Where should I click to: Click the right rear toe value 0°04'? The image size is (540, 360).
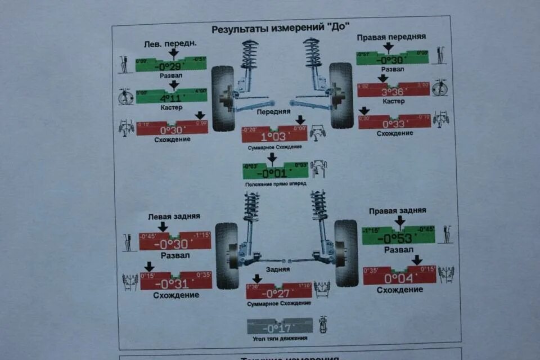click(x=399, y=277)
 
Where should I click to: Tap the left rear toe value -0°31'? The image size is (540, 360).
click(x=175, y=283)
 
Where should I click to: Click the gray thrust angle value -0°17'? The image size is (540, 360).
click(x=279, y=327)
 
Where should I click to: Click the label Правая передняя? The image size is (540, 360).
click(x=391, y=37)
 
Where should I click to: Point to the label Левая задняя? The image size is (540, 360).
click(x=174, y=216)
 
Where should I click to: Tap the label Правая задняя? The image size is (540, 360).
click(x=397, y=210)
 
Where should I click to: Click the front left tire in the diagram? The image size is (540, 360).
click(x=223, y=98)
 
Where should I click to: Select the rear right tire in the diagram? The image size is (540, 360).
click(x=345, y=253)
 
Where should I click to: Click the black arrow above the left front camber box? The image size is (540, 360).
click(x=173, y=53)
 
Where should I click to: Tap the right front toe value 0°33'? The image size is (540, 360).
click(x=394, y=124)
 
